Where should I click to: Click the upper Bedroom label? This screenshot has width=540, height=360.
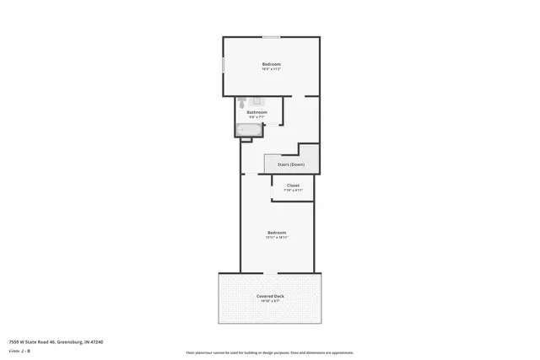click(271, 64)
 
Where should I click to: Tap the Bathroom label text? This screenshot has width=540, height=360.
click(256, 112)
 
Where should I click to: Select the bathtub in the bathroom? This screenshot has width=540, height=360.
click(250, 129)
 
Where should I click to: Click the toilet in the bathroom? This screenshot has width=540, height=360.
click(241, 103)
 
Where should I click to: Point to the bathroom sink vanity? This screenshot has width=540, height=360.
click(257, 102)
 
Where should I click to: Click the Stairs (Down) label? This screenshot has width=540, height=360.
click(290, 164)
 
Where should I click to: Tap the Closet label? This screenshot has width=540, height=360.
click(293, 185)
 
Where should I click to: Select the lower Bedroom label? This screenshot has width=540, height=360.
click(277, 233)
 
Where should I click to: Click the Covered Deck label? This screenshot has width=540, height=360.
click(271, 296)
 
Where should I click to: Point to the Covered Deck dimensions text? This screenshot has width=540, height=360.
click(271, 301)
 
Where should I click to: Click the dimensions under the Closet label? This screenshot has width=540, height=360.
click(293, 191)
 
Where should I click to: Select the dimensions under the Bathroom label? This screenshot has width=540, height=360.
click(256, 117)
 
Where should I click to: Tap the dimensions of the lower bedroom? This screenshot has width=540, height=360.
click(277, 238)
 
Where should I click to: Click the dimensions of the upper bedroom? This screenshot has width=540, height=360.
click(271, 69)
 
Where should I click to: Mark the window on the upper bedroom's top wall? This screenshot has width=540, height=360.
click(271, 37)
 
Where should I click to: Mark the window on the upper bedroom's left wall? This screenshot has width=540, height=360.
click(223, 65)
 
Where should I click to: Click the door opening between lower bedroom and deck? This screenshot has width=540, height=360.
click(267, 273)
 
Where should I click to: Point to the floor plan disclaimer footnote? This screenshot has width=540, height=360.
click(270, 352)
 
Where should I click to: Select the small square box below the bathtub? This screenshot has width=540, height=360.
click(246, 139)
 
